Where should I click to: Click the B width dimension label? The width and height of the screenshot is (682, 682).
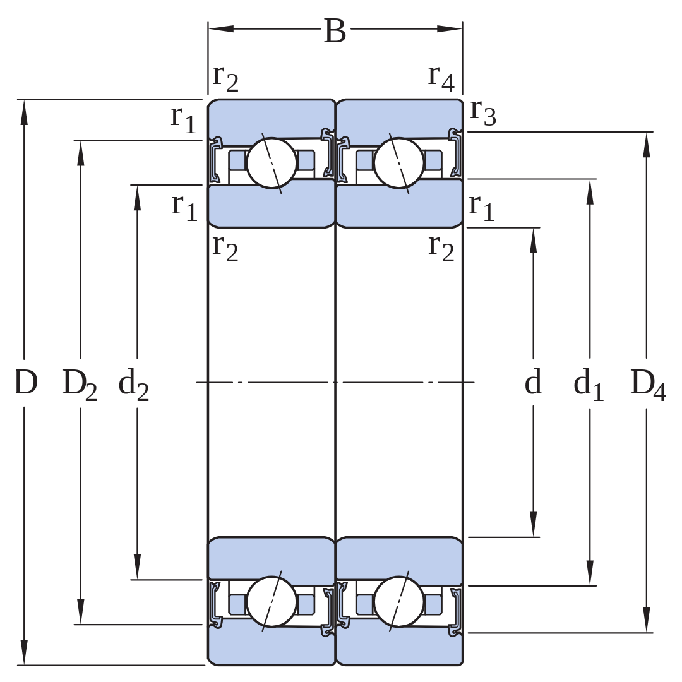[335, 32]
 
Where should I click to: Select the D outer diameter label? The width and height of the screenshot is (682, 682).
[26, 382]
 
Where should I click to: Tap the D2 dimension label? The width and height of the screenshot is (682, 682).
[80, 385]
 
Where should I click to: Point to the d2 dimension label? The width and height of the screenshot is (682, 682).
[133, 384]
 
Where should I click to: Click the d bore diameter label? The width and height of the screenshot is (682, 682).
[533, 381]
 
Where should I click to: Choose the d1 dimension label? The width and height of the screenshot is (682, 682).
[589, 384]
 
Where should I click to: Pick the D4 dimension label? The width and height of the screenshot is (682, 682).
[648, 385]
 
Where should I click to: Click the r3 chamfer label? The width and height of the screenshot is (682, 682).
[483, 112]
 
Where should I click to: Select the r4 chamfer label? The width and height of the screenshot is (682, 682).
[441, 78]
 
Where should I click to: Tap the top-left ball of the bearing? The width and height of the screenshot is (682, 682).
[272, 163]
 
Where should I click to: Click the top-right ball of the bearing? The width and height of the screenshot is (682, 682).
[399, 163]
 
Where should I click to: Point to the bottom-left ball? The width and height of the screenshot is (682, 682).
[272, 602]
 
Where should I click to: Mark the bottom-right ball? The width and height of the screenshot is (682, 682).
[399, 602]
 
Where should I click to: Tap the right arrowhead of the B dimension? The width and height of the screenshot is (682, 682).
[450, 29]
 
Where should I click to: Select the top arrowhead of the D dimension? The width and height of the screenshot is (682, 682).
[24, 112]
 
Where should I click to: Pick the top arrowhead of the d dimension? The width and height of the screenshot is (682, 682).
[534, 241]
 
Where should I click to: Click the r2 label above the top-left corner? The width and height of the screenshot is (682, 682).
[225, 79]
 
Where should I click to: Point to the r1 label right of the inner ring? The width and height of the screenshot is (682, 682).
[481, 208]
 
